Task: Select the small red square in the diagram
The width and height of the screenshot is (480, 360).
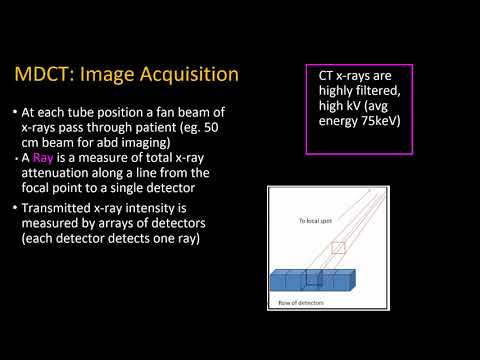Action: (x=338, y=247)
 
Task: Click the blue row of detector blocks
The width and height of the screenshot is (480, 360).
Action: (x=310, y=281)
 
